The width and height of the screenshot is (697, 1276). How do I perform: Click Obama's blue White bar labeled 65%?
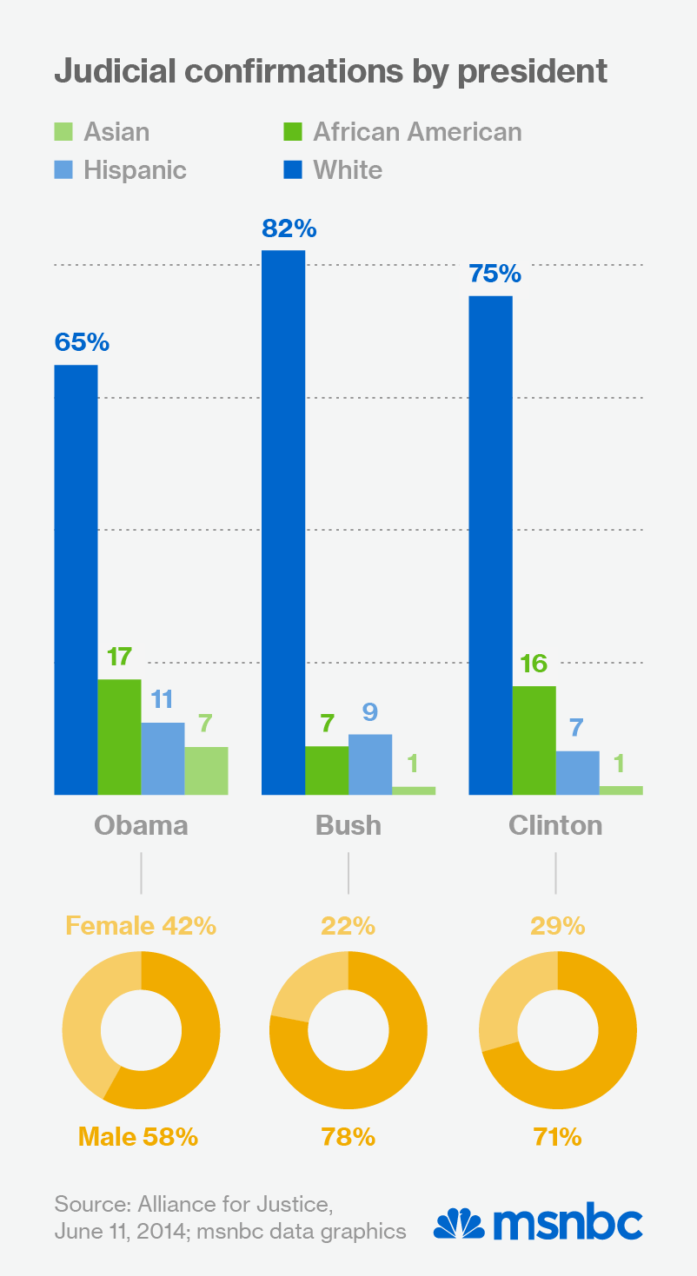(x=76, y=579)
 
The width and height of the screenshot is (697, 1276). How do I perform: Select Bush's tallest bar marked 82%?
(x=283, y=521)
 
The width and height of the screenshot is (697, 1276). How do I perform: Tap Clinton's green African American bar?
(x=534, y=740)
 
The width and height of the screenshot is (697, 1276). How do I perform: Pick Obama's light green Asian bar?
(x=206, y=770)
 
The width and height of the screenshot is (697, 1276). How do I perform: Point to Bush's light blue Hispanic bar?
(x=370, y=764)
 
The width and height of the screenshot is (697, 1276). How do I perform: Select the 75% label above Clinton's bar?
(x=495, y=274)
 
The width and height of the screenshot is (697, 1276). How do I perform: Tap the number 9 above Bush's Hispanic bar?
(x=370, y=712)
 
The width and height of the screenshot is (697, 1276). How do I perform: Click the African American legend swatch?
(x=292, y=133)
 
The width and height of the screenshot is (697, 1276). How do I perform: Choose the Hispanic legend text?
(x=135, y=169)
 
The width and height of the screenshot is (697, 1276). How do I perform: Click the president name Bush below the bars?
(x=348, y=824)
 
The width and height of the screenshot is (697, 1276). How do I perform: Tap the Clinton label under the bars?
(x=555, y=824)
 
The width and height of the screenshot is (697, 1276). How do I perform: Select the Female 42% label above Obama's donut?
(x=141, y=926)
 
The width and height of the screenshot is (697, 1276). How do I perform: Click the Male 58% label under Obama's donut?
(x=138, y=1136)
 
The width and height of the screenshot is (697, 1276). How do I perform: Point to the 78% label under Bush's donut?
(x=348, y=1136)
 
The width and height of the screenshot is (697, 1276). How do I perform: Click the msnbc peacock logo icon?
(x=459, y=1223)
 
